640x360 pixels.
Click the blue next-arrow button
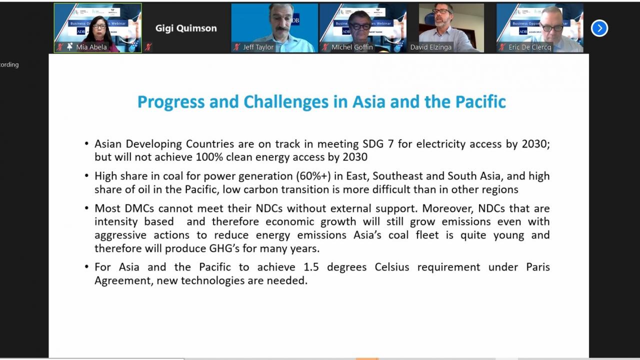[x=599, y=28]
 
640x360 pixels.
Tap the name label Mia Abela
[x=91, y=47]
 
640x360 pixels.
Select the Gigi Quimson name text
[x=186, y=28]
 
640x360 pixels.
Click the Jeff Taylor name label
[x=258, y=47]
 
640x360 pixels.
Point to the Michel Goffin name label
[x=352, y=47]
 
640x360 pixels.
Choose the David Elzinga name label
[x=431, y=47]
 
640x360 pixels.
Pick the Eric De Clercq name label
[x=529, y=47]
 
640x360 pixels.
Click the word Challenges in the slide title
[x=286, y=102]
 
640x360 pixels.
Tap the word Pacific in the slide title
[x=480, y=101]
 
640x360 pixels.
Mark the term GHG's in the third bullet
[x=224, y=248]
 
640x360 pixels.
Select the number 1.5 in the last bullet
[x=311, y=267]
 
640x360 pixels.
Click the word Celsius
[x=392, y=267]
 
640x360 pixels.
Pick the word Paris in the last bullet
[x=538, y=267]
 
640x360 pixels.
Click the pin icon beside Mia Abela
[x=69, y=47]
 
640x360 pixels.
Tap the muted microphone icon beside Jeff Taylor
[x=236, y=47]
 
